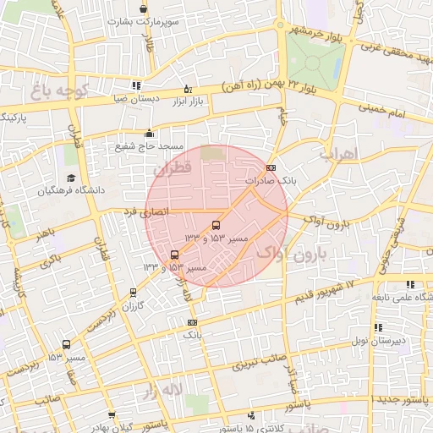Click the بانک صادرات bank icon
271,167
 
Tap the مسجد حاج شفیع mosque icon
150,132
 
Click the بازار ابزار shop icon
188,89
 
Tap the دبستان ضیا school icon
136,85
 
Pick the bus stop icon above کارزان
133,293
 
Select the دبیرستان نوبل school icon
378,327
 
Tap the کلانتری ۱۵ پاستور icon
252,415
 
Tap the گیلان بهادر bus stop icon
112,415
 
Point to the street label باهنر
41,232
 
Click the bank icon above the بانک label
191,322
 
